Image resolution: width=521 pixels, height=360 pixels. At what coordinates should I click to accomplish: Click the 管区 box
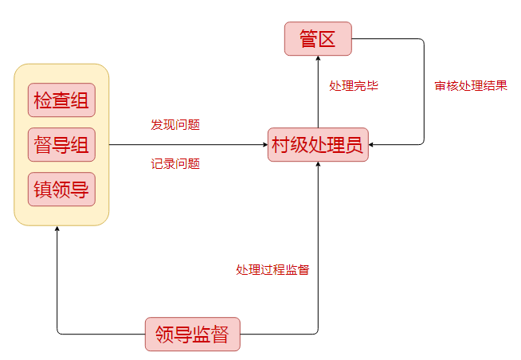pos(318,39)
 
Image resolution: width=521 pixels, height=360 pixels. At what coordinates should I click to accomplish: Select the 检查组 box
pos(61,100)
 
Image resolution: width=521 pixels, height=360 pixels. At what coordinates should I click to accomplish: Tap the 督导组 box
pos(61,145)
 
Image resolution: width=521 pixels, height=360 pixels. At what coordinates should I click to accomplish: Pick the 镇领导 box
pos(61,190)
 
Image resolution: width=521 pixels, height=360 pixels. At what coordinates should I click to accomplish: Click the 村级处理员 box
pos(318,145)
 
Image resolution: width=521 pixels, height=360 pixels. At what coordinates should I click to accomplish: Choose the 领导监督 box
pos(192,334)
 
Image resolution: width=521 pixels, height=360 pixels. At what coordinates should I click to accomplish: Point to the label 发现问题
pos(175,125)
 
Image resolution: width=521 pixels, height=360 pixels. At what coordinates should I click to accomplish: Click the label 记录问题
pos(175,164)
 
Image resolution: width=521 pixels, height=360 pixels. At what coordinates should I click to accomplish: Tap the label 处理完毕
pos(354,85)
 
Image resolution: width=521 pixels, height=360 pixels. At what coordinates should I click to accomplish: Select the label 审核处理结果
pos(471,85)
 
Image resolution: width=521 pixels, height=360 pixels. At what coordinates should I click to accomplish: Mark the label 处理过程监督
pos(272,269)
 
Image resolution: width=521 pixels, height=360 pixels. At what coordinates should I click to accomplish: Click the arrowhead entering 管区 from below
pos(318,60)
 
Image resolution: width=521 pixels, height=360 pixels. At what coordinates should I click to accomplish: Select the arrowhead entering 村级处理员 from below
pos(318,166)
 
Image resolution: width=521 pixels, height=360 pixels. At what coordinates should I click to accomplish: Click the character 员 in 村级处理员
pos(355,145)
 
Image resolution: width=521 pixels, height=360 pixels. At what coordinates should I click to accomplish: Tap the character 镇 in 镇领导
pos(42,190)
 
